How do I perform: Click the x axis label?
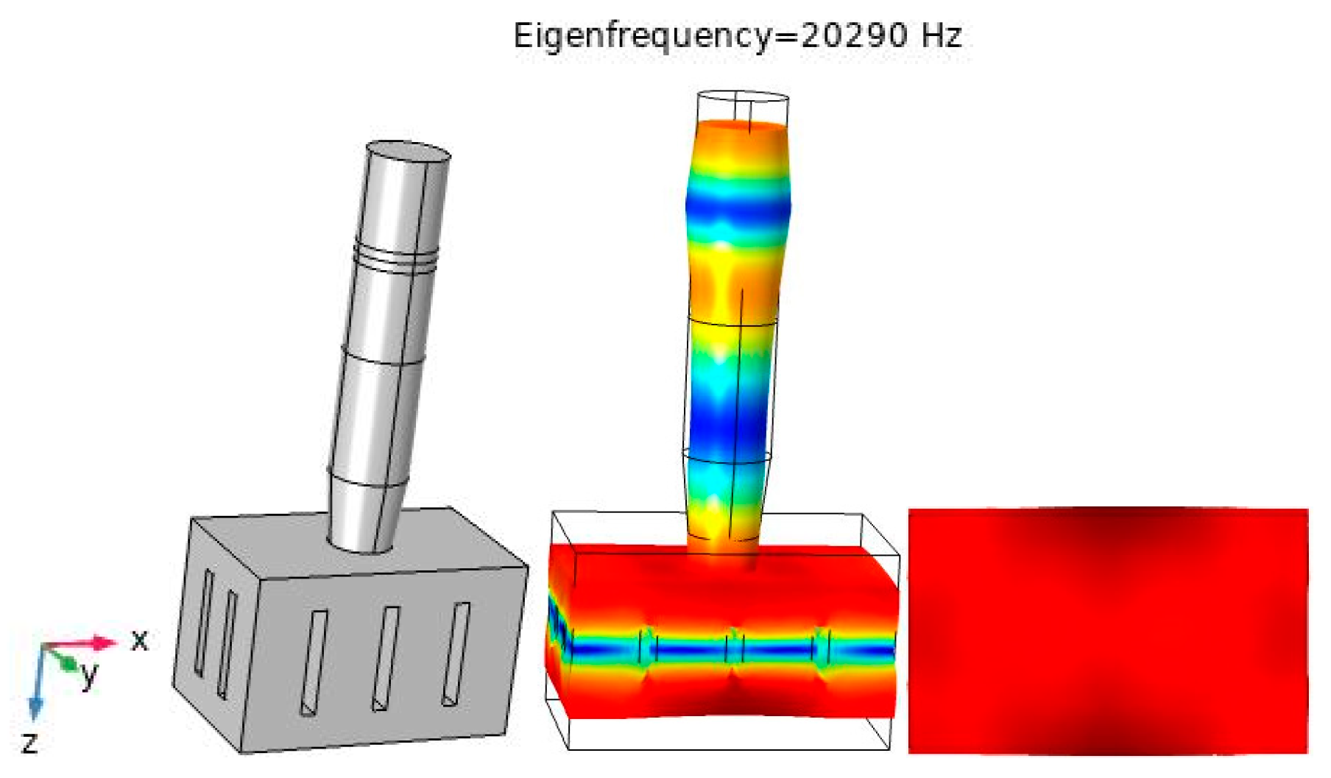139,640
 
